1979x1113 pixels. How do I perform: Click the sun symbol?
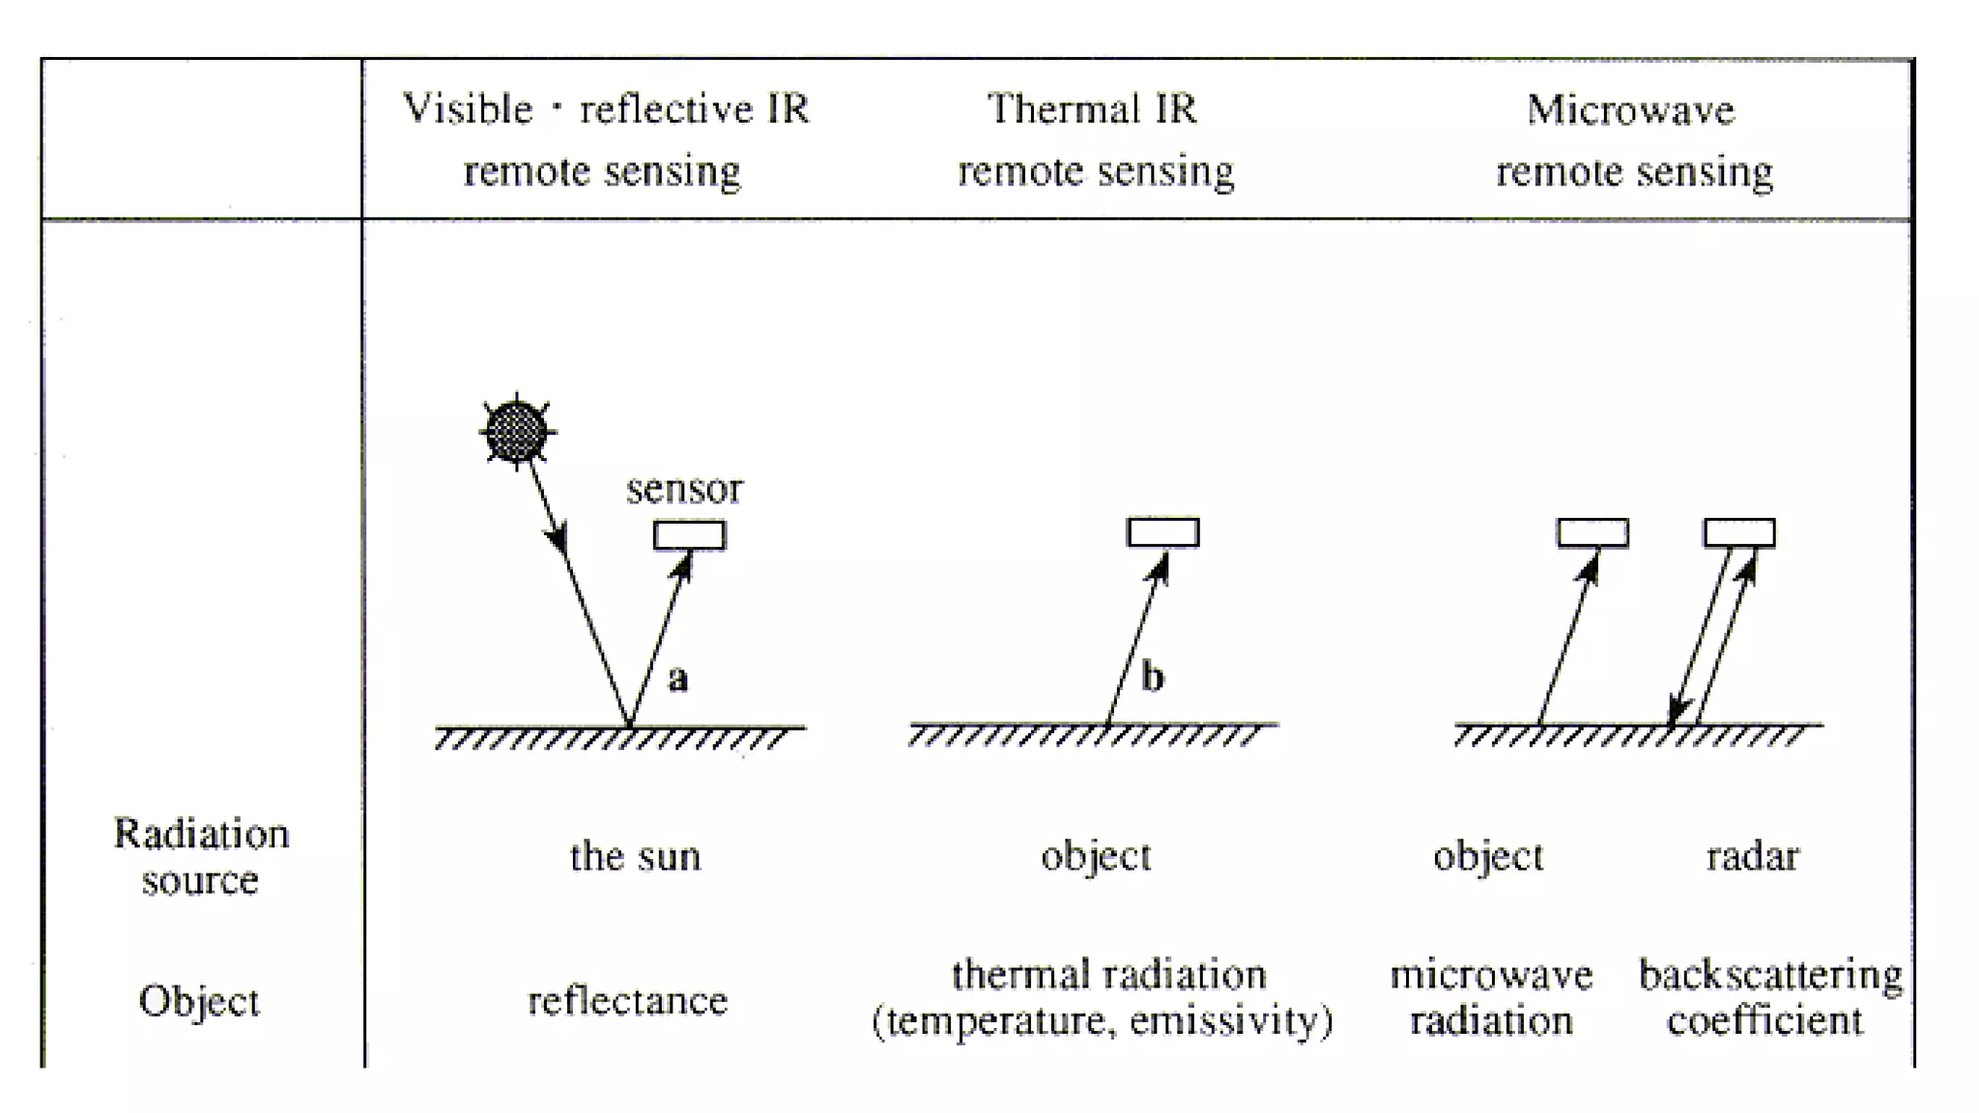(517, 431)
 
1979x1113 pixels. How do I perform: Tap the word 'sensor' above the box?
(684, 489)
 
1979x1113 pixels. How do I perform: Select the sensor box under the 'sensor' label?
(689, 535)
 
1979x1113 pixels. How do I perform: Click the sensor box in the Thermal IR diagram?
(1162, 532)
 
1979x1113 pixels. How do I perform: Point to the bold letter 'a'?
(678, 678)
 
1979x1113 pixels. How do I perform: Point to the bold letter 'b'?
(1152, 676)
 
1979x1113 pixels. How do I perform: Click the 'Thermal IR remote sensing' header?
(1095, 139)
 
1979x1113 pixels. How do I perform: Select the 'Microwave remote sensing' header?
(1633, 139)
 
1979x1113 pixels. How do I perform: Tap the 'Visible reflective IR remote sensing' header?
(604, 139)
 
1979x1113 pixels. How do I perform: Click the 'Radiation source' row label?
(201, 856)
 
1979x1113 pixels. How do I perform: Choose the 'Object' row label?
(199, 1001)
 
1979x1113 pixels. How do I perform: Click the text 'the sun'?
(635, 857)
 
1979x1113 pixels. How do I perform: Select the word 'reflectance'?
(627, 1001)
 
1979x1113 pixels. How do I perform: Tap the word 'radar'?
(1752, 857)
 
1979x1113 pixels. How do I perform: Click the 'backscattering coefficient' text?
(1768, 997)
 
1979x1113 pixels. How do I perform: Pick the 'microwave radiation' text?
(1491, 997)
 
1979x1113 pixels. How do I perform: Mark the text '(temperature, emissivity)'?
(1102, 1021)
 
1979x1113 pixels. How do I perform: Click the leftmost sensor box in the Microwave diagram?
(1592, 532)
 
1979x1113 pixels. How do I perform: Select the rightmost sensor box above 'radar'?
(1738, 532)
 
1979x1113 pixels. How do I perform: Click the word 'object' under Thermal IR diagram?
(1096, 857)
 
